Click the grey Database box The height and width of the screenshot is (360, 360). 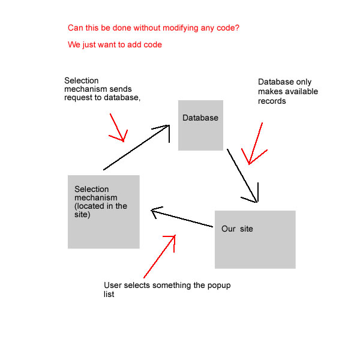pos(200,125)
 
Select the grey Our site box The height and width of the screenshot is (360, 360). pos(255,239)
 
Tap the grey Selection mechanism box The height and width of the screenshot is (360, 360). pos(104,212)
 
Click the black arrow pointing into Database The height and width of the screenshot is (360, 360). pos(136,148)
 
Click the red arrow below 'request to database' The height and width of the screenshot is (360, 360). pos(118,128)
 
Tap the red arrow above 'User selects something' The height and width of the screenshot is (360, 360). pos(160,256)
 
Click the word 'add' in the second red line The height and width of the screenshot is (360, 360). pos(134,44)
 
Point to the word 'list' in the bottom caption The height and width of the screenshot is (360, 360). pos(109,294)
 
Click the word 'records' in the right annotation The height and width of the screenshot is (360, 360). pos(272,101)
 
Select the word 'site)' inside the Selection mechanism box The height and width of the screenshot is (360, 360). pos(82,215)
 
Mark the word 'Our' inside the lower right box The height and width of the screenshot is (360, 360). pos(229,229)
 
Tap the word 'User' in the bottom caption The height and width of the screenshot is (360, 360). pos(113,285)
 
